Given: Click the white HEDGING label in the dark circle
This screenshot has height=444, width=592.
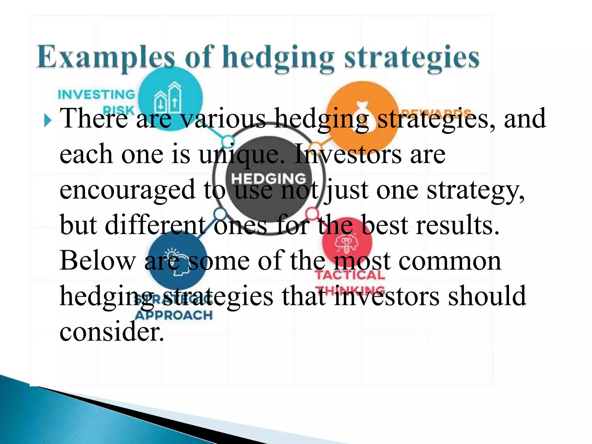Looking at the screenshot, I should pos(269,178).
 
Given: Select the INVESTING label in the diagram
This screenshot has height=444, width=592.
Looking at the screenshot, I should pos(97,95).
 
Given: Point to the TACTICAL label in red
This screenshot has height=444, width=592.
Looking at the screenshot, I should pos(350,275).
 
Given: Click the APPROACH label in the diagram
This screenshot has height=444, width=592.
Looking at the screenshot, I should pos(174,315).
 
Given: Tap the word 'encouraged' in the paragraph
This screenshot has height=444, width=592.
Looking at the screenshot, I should pos(127,190).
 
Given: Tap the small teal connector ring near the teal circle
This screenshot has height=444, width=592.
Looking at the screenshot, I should pos(227,141).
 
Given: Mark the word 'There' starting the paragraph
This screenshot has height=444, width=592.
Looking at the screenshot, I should pos(94,119).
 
